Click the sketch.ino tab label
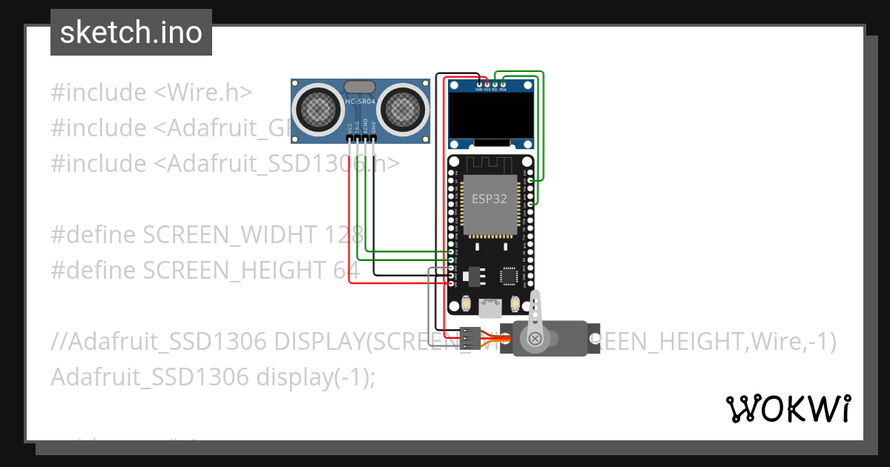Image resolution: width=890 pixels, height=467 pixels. point(131,33)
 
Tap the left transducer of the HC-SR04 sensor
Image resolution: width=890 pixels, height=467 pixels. point(319,110)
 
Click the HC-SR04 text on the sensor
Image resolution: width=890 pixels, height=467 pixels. point(360,102)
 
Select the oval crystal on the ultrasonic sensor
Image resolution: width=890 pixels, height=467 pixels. point(360,87)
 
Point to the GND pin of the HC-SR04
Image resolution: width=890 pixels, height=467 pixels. point(374,138)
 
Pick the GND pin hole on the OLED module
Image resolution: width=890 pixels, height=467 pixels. point(480,84)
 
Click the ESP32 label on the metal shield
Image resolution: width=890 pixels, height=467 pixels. point(489,199)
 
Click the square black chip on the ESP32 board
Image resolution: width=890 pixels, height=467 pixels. point(510,276)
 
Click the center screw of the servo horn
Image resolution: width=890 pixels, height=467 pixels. point(535,340)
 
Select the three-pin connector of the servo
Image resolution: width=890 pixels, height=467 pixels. point(469,339)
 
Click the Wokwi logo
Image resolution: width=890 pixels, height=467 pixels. point(788,408)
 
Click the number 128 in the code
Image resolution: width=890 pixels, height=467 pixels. point(343,235)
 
